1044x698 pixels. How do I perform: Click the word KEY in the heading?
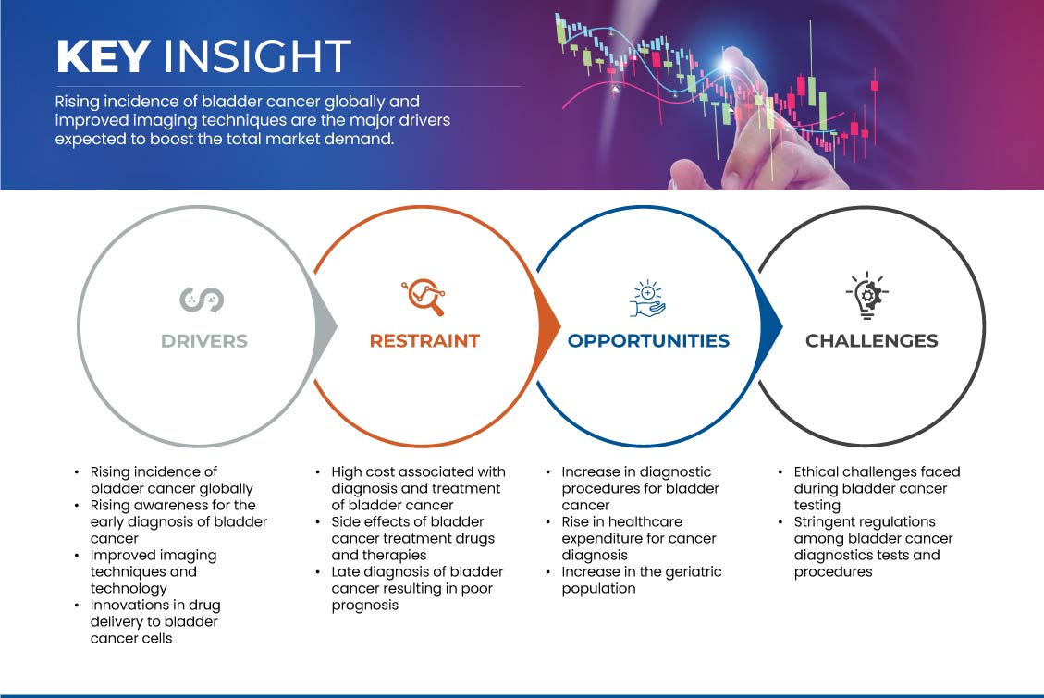pyautogui.click(x=103, y=57)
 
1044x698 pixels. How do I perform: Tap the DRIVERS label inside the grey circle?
pyautogui.click(x=204, y=341)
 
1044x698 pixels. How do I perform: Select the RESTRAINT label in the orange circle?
pyautogui.click(x=424, y=341)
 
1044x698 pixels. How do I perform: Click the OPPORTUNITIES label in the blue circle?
pyautogui.click(x=648, y=341)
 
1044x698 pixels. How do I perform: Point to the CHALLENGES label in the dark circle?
pyautogui.click(x=871, y=341)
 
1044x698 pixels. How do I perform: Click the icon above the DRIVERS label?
pyautogui.click(x=202, y=299)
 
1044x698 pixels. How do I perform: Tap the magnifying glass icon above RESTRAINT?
pyautogui.click(x=424, y=298)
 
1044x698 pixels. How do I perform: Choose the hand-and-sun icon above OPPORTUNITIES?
pyautogui.click(x=647, y=297)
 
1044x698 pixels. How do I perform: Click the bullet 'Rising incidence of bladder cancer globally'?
pyautogui.click(x=171, y=480)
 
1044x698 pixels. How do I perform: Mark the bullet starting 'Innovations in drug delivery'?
pyautogui.click(x=154, y=621)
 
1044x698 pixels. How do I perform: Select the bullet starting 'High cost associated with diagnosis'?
pyautogui.click(x=416, y=488)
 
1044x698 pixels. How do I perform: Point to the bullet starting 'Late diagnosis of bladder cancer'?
pyautogui.click(x=416, y=588)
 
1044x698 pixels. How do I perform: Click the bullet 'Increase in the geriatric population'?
pyautogui.click(x=641, y=580)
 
